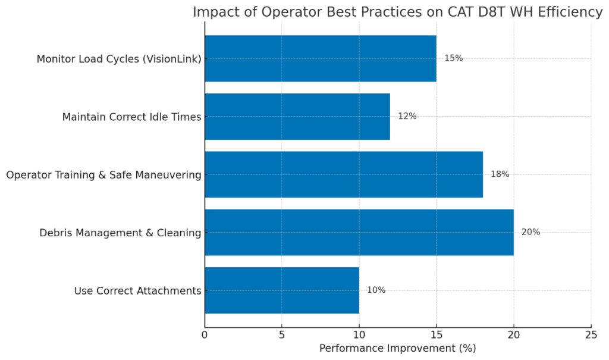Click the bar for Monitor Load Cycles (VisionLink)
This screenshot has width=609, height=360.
[320, 58]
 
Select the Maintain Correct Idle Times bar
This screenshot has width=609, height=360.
[297, 117]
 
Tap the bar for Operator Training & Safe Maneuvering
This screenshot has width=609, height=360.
[344, 174]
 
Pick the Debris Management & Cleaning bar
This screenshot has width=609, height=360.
[359, 232]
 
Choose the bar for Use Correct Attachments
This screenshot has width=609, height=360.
[282, 290]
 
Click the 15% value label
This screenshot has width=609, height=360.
[453, 58]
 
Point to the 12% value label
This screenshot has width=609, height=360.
[407, 117]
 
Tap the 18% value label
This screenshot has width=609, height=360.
[500, 174]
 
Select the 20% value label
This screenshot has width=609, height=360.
[530, 232]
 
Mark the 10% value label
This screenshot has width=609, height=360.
[376, 290]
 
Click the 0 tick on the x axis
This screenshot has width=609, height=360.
[205, 334]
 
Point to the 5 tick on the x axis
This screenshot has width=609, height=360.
[282, 334]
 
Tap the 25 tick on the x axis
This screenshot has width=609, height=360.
[591, 334]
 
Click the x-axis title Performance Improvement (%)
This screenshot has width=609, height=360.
[397, 348]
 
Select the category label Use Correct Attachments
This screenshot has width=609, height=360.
[137, 291]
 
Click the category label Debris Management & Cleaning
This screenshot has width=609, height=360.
[120, 233]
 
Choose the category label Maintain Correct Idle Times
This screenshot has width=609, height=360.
[131, 117]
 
